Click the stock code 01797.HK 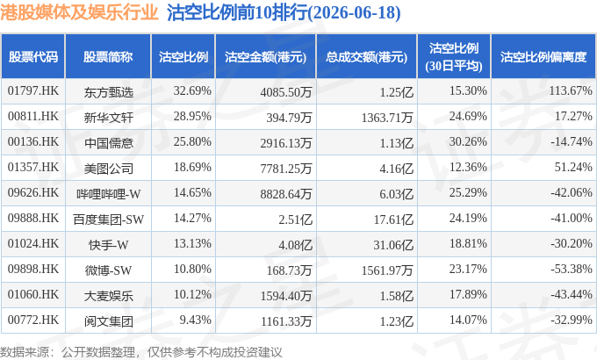[x=33, y=91]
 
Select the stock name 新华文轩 [x=109, y=117]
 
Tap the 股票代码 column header [x=33, y=57]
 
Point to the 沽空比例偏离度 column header [x=543, y=57]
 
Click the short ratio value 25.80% [x=192, y=142]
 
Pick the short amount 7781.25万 [x=286, y=168]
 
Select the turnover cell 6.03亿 [x=396, y=193]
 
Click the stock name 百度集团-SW [x=109, y=219]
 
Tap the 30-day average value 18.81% [x=468, y=244]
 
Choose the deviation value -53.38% [x=572, y=270]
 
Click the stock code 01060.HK [x=33, y=295]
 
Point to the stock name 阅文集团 [x=109, y=321]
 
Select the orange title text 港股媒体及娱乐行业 [x=79, y=12]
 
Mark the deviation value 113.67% [x=571, y=91]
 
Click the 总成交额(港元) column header [x=366, y=57]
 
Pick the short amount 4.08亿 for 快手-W [x=296, y=245]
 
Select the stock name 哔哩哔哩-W [x=109, y=193]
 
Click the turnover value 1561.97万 [x=387, y=270]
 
